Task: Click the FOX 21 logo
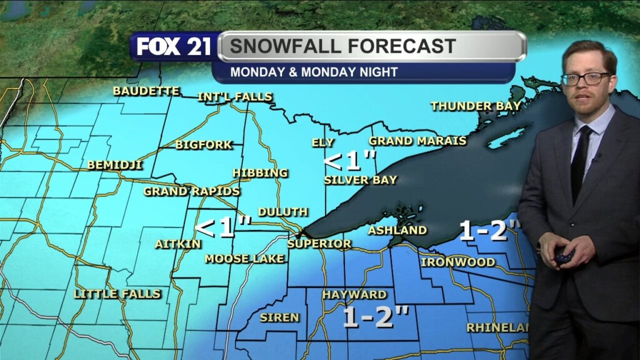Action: click(174, 47)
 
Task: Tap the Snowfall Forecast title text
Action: click(342, 46)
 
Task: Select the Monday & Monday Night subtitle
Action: click(314, 72)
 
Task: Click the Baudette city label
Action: click(146, 91)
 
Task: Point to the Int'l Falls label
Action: click(235, 97)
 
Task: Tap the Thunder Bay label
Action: click(476, 106)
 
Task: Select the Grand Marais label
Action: click(417, 141)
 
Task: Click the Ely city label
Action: click(323, 142)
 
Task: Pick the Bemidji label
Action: click(115, 165)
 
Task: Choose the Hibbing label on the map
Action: click(260, 172)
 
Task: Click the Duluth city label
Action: click(282, 212)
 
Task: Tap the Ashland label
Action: click(397, 230)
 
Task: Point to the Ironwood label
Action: click(457, 262)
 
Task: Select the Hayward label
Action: click(354, 294)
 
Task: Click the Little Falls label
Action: click(117, 293)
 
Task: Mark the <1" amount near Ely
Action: click(349, 162)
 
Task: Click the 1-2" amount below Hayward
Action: click(376, 317)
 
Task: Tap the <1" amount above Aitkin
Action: click(223, 227)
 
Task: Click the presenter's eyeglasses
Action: click(586, 79)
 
